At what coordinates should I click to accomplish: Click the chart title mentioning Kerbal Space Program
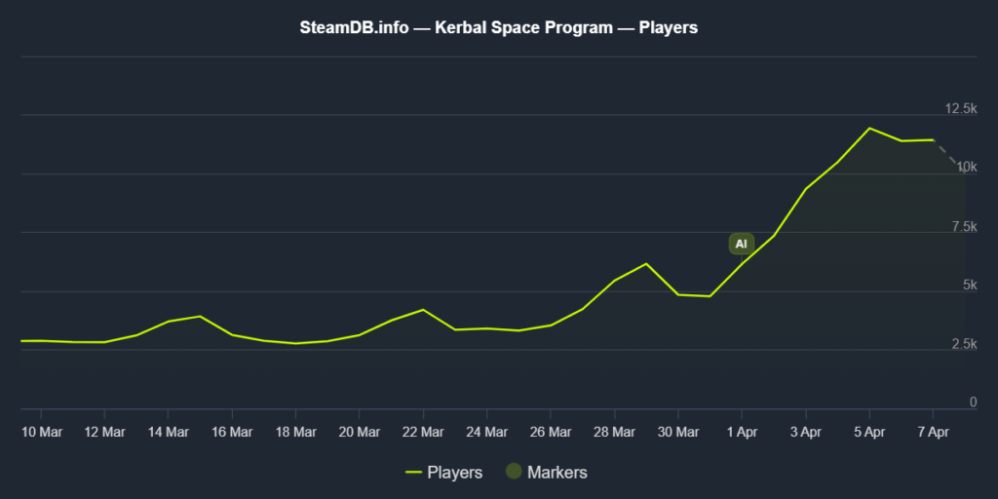(498, 28)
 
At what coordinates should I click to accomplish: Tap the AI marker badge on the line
(741, 244)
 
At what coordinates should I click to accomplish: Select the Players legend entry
(443, 473)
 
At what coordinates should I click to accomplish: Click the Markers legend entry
(546, 473)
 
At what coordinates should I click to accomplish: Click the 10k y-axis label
(965, 168)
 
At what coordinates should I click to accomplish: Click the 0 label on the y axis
(972, 403)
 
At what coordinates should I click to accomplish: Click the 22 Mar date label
(422, 431)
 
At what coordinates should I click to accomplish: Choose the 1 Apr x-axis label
(742, 431)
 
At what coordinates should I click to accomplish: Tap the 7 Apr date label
(933, 431)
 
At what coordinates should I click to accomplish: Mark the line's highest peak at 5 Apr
(869, 128)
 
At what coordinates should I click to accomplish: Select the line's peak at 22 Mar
(422, 310)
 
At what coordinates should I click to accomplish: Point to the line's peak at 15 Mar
(200, 316)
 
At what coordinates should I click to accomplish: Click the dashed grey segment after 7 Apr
(948, 155)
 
